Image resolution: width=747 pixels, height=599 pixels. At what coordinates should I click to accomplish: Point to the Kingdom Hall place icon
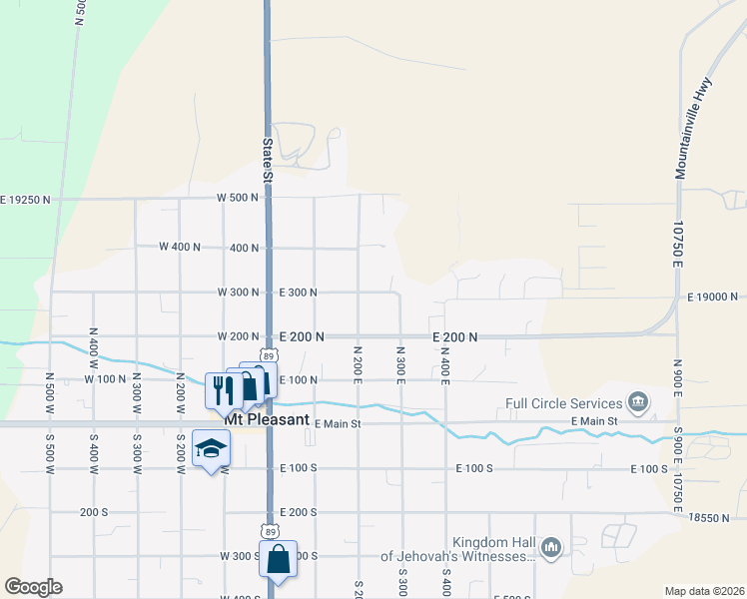point(551,547)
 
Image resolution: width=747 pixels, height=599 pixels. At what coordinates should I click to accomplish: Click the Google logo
point(33,587)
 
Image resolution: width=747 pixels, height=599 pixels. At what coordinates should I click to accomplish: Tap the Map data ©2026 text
point(704,591)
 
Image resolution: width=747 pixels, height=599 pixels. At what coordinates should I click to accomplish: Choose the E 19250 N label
point(25,200)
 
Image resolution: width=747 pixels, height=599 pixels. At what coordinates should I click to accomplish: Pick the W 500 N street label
point(238,198)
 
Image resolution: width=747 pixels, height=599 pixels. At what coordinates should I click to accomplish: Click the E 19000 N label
point(712,297)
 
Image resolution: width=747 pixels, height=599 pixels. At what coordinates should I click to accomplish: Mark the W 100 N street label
point(106,379)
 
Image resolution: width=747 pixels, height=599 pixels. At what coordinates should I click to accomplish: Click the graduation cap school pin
point(211,451)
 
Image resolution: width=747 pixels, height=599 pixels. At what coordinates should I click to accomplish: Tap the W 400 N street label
point(181,246)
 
